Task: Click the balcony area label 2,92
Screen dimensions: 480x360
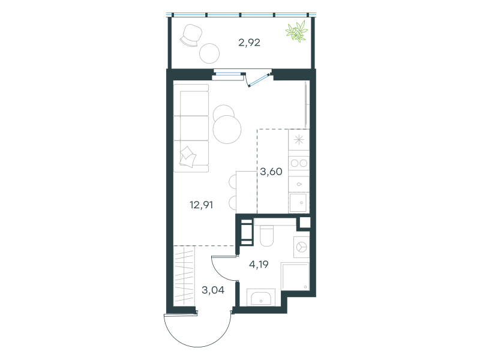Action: [249, 43]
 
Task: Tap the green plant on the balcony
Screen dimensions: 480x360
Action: [296, 31]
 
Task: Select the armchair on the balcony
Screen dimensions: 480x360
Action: [191, 35]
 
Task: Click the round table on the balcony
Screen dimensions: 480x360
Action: [209, 53]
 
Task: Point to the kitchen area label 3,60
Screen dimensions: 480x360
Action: [271, 172]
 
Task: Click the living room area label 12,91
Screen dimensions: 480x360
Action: [201, 205]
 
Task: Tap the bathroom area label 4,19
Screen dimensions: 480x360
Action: [259, 264]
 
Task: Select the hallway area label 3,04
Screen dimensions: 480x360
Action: [213, 290]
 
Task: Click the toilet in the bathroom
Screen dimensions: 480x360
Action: [266, 236]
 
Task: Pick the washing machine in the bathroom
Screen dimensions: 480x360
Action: [301, 247]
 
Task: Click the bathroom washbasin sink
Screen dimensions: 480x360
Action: [261, 298]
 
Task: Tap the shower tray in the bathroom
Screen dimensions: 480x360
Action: [295, 277]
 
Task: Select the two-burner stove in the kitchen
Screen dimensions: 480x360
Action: [299, 163]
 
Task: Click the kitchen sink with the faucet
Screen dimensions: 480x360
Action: [299, 203]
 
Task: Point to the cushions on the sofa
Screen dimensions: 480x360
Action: [188, 157]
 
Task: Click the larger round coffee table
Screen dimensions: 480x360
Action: [227, 130]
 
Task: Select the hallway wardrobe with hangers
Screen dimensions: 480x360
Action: [184, 275]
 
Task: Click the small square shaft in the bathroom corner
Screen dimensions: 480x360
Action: [305, 223]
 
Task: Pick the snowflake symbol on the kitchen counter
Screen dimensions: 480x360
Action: [299, 140]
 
